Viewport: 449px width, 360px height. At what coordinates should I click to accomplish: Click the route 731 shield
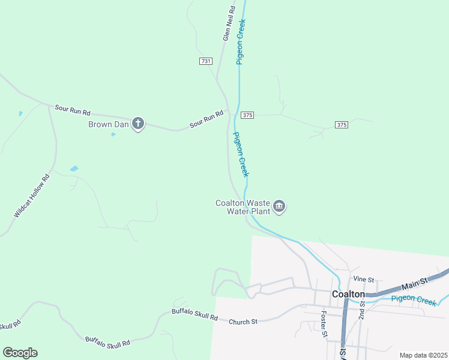206,61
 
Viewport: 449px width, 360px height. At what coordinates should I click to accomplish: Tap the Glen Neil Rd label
228,24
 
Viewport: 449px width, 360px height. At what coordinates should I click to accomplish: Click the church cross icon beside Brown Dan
138,124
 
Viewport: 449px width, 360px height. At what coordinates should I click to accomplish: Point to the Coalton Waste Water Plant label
242,206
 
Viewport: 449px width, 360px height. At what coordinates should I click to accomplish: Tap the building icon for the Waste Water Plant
279,207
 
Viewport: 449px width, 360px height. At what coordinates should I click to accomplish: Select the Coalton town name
348,294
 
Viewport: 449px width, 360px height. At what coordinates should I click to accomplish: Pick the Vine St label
364,280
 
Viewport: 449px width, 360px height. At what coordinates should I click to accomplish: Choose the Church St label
243,322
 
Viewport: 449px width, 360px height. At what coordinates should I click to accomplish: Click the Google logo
20,353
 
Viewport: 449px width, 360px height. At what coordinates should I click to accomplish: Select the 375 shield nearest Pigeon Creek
248,115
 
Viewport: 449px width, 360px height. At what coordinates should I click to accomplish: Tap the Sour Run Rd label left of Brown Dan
72,110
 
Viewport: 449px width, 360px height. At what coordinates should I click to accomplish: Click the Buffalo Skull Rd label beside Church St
194,313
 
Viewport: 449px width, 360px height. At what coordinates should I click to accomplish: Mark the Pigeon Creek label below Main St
414,301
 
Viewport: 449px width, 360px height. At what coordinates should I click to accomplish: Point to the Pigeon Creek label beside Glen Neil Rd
242,41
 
